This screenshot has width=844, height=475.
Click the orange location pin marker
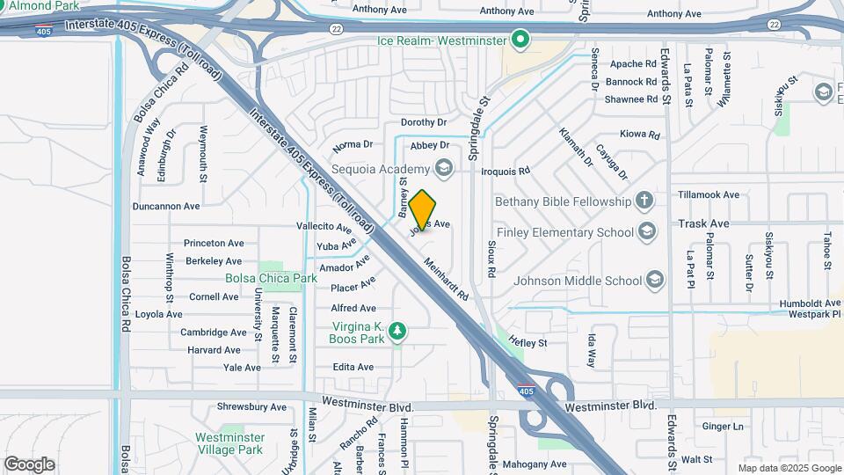click(x=423, y=209)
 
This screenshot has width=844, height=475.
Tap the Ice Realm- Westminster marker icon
click(x=520, y=40)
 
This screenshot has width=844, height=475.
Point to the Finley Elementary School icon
click(x=647, y=232)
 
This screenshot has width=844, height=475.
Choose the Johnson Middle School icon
click(x=654, y=281)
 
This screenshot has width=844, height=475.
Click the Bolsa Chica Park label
click(x=271, y=278)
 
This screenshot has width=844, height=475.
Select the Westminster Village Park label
click(x=229, y=443)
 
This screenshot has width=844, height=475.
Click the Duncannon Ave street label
click(x=166, y=206)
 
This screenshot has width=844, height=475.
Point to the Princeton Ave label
click(x=214, y=243)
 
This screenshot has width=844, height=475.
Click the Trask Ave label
click(x=703, y=223)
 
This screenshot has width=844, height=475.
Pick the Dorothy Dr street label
click(x=424, y=122)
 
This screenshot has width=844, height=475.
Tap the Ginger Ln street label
click(x=724, y=427)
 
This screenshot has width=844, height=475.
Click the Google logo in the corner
click(x=30, y=464)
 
